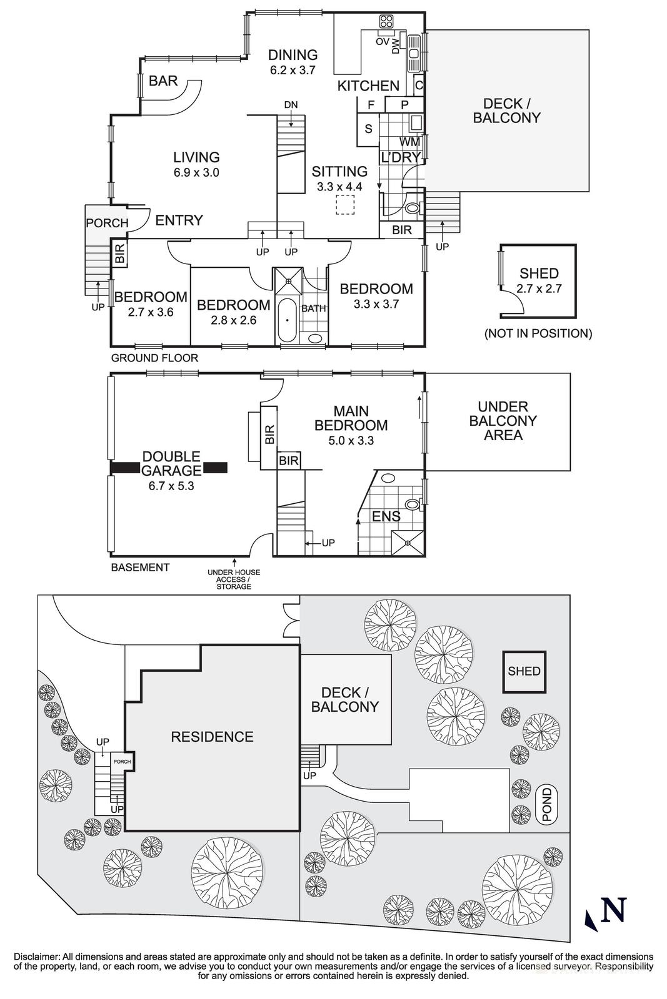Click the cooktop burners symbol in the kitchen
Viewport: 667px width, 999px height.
(386, 22)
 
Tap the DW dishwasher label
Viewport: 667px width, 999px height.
(396, 46)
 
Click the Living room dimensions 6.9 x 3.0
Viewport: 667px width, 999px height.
(196, 173)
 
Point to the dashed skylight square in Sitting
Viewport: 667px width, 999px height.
(345, 205)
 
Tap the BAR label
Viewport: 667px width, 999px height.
(163, 81)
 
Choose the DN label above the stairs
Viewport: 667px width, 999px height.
(291, 104)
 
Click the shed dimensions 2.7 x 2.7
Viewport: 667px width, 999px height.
(539, 288)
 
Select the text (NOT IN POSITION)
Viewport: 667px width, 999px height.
(538, 333)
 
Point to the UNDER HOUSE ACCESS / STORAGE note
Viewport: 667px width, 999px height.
(234, 579)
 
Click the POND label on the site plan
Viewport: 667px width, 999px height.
(548, 805)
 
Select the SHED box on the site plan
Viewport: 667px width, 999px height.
(524, 671)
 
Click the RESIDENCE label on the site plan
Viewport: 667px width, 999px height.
(212, 737)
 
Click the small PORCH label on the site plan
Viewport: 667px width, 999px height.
(122, 762)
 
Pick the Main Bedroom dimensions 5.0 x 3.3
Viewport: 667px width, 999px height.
(351, 440)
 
